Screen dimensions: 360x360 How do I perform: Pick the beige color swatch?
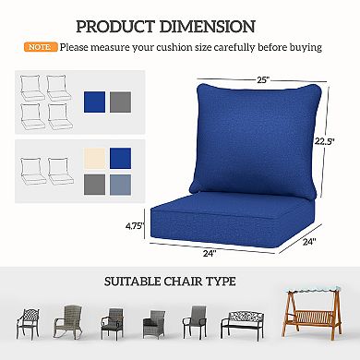point(95,158)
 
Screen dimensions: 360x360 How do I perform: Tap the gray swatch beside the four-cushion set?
point(121,101)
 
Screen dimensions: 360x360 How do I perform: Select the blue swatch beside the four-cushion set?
point(95,101)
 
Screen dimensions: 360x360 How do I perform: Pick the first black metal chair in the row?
point(30,323)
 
